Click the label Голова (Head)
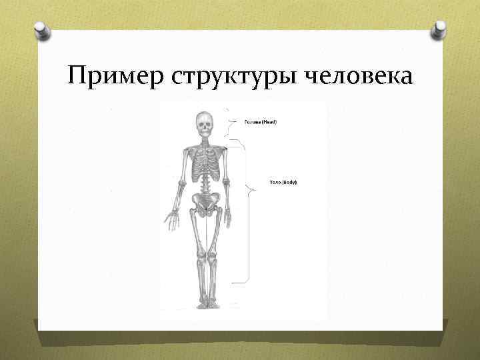coord(260,122)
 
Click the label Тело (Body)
coord(283,181)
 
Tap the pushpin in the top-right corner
coord(439,29)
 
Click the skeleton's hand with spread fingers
coord(172,219)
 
